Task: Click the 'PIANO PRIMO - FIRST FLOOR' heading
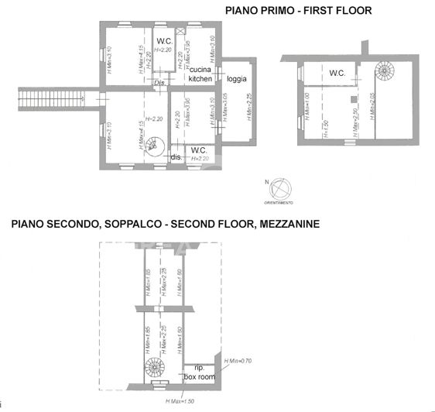click(298, 11)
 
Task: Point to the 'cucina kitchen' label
click(200, 74)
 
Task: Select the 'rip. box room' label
click(199, 372)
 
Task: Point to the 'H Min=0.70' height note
click(239, 362)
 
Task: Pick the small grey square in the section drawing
click(352, 100)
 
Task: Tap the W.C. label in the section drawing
click(337, 74)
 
